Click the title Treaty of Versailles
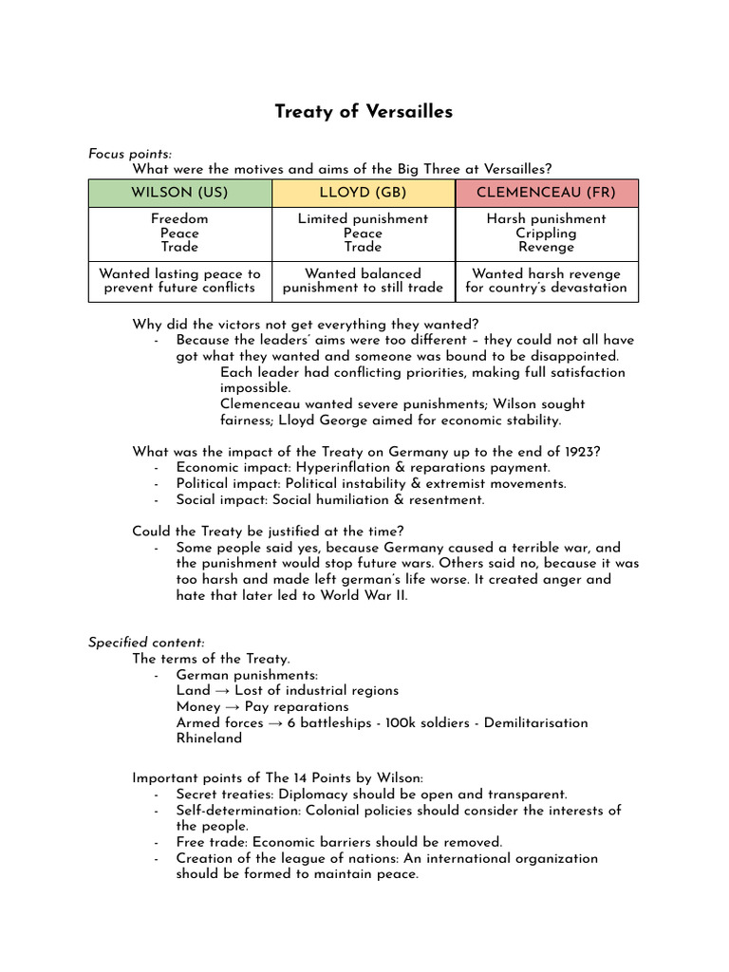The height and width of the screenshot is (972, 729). coord(364,112)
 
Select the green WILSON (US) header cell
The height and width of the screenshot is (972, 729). coord(179,193)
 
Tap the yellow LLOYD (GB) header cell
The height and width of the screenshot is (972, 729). coord(363,193)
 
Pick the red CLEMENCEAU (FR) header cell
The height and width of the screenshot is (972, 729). coord(546,193)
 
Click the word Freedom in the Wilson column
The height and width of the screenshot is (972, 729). coord(179,218)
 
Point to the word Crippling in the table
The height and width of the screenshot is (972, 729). coord(546,233)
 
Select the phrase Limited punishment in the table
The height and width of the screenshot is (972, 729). coord(363,218)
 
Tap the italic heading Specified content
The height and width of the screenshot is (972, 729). coord(146,643)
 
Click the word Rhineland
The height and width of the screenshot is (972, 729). coord(209,738)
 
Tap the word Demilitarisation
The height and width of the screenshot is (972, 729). coord(535,723)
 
